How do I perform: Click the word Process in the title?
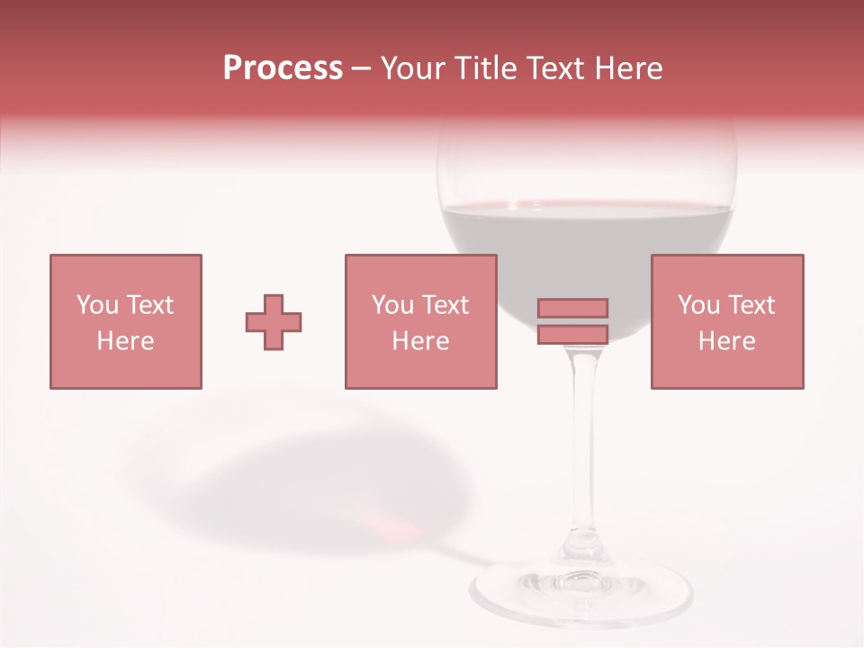tap(283, 68)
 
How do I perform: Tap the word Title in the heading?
tap(487, 68)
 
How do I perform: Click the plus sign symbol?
tap(274, 322)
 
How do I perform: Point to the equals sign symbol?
tap(572, 321)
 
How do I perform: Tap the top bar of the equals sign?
tap(572, 309)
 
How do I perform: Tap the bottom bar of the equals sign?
tap(572, 335)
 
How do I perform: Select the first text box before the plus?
tap(126, 321)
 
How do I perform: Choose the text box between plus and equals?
tap(420, 321)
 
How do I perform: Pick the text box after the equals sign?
tap(727, 321)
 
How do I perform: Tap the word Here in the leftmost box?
tap(125, 341)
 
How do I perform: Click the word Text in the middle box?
tap(445, 305)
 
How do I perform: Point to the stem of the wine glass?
tap(585, 450)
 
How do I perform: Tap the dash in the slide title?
tap(361, 68)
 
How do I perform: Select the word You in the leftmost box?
tap(98, 305)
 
